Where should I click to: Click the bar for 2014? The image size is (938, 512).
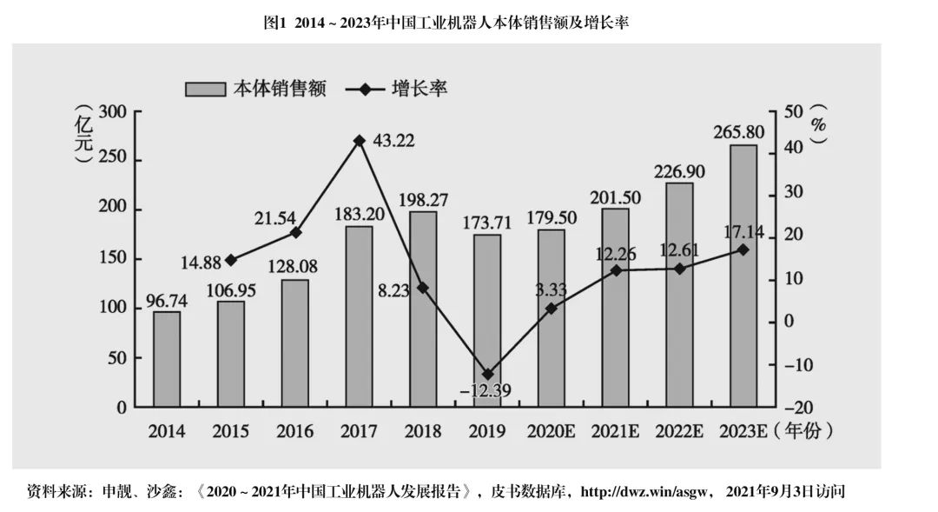pos(167,359)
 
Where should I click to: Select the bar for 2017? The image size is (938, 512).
pos(359,316)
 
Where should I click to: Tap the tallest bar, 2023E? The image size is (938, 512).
pos(743,276)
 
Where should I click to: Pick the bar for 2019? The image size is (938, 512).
pos(487,321)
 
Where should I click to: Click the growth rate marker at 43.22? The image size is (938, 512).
pos(359,140)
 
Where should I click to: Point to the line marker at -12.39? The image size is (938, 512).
pos(487,374)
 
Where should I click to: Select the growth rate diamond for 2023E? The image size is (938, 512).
pos(743,249)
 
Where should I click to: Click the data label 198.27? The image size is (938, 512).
pos(423,200)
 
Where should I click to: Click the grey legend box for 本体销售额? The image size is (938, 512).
pos(205,89)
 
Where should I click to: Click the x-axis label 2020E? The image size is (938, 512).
pos(551,431)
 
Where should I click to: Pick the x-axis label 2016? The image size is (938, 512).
pos(294,431)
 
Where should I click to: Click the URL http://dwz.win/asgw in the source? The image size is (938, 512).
pos(646,492)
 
